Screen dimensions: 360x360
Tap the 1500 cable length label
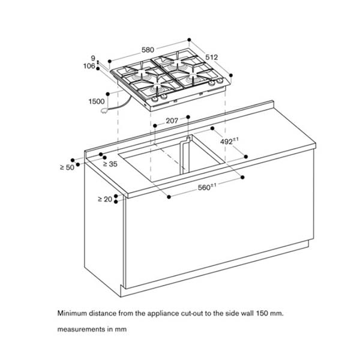[96, 102]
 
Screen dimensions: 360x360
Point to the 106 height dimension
[89, 67]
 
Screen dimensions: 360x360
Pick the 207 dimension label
[172, 121]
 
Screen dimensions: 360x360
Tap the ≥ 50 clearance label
[67, 167]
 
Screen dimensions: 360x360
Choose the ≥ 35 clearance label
[109, 163]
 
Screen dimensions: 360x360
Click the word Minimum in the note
[74, 313]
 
